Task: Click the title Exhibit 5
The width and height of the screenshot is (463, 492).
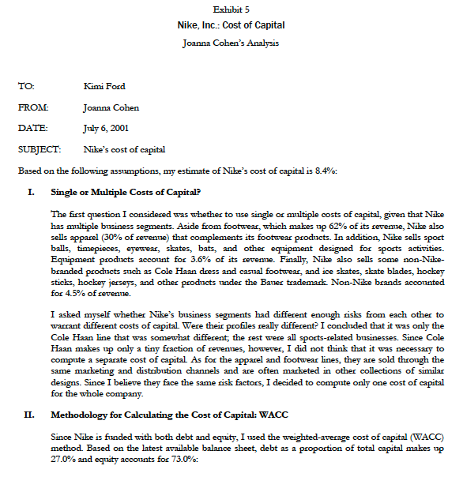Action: [231, 9]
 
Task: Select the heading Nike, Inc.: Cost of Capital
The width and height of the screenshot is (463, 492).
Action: [231, 25]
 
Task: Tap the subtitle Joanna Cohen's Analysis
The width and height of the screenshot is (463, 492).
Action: [231, 43]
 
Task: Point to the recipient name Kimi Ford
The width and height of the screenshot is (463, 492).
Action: [105, 86]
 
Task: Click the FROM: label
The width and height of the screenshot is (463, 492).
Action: [32, 107]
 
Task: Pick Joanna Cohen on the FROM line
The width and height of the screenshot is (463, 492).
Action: [111, 107]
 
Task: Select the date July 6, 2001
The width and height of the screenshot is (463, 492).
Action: [107, 127]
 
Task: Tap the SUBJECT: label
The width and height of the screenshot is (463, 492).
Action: [40, 148]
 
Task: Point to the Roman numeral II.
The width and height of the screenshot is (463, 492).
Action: [32, 414]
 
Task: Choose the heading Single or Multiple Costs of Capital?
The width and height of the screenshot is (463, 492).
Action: [126, 191]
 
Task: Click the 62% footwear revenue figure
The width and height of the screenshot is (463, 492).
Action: [338, 225]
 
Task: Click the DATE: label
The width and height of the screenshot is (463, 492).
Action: [32, 127]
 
